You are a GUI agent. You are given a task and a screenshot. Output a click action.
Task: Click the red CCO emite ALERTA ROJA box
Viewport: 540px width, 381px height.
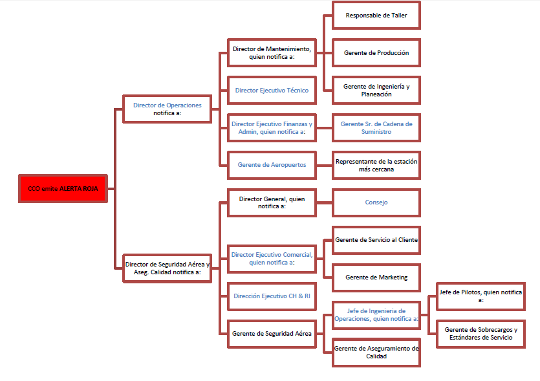pyautogui.click(x=63, y=188)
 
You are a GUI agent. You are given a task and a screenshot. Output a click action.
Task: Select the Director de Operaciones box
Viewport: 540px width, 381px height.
pyautogui.click(x=167, y=109)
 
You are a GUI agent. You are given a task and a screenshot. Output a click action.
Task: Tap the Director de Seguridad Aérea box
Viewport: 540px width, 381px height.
pyautogui.click(x=167, y=268)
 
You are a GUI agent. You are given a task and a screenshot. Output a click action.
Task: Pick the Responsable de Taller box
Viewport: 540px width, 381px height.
pyautogui.click(x=376, y=15)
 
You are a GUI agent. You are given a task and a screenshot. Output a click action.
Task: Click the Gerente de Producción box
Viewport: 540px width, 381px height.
pyautogui.click(x=376, y=52)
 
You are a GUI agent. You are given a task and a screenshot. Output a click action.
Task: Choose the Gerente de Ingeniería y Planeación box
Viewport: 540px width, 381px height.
pyautogui.click(x=376, y=90)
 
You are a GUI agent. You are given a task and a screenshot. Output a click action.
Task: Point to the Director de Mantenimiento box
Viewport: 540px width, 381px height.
pyautogui.click(x=272, y=52)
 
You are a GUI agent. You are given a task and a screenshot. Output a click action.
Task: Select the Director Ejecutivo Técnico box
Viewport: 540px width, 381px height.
pyautogui.click(x=272, y=91)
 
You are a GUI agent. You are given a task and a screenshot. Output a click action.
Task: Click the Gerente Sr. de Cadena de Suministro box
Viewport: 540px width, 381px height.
pyautogui.click(x=376, y=127)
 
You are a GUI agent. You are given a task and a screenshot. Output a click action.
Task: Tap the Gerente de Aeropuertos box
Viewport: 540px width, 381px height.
pyautogui.click(x=272, y=164)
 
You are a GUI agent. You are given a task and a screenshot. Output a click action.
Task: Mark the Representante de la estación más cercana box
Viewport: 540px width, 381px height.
pyautogui.click(x=376, y=164)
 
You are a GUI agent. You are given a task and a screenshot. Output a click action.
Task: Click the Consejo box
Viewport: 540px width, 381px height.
pyautogui.click(x=376, y=202)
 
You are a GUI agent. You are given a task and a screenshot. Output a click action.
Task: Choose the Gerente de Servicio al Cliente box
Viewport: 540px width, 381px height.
pyautogui.click(x=376, y=239)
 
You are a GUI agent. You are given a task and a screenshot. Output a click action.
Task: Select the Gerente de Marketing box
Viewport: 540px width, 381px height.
pyautogui.click(x=376, y=277)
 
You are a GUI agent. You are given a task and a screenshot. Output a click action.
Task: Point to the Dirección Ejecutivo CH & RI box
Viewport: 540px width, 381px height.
pyautogui.click(x=272, y=296)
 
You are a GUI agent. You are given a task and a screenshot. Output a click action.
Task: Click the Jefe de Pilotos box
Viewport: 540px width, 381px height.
pyautogui.click(x=480, y=296)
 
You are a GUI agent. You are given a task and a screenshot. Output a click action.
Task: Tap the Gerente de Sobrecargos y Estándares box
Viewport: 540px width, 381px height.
pyautogui.click(x=480, y=333)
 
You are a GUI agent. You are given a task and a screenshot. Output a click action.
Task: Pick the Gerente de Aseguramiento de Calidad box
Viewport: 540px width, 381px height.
pyautogui.click(x=376, y=352)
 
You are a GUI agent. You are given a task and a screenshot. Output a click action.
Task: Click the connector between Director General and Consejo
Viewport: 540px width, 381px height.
pyautogui.click(x=324, y=202)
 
